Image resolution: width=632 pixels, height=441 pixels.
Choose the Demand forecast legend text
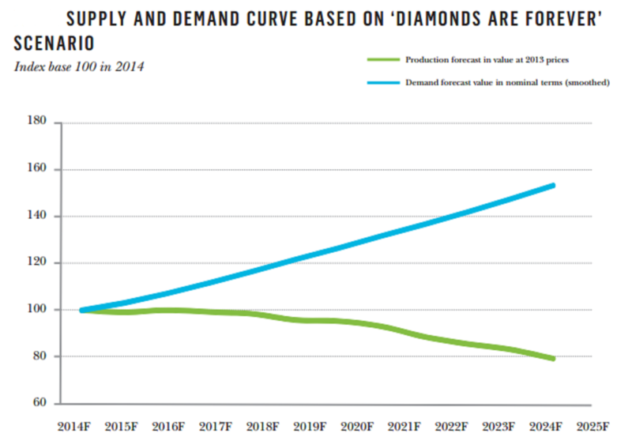coord(506,82)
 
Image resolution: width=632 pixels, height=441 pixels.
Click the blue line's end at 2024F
coord(553,186)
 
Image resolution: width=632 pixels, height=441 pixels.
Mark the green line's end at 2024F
coord(553,359)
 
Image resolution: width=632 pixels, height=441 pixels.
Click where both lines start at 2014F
coord(83,310)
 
